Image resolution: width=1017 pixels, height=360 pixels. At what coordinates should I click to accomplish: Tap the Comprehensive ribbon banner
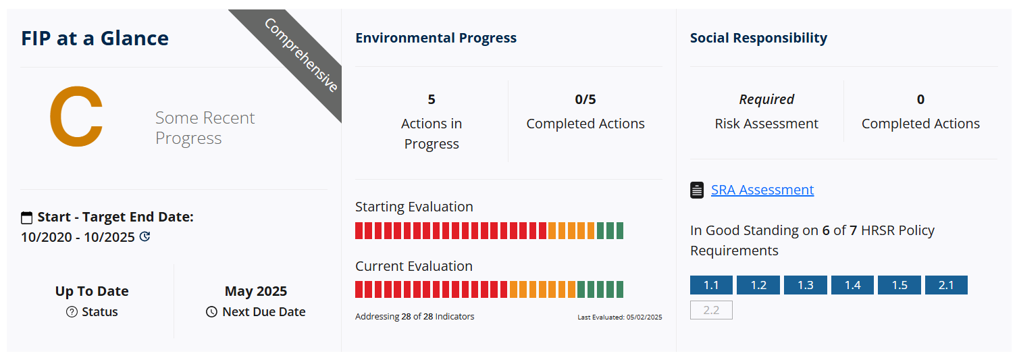click(300, 57)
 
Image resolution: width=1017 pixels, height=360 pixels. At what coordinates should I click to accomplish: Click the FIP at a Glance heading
click(95, 38)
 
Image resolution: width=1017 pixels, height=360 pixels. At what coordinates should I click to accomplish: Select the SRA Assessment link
click(762, 189)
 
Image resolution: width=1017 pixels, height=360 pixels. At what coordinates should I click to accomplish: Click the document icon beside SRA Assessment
click(697, 190)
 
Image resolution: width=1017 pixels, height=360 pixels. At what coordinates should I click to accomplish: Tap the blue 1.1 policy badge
click(711, 285)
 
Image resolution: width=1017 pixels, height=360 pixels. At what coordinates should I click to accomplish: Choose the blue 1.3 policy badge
click(806, 285)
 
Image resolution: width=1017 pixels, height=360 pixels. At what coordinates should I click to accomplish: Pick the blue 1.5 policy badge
click(899, 285)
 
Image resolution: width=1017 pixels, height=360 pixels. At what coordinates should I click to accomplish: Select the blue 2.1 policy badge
click(946, 285)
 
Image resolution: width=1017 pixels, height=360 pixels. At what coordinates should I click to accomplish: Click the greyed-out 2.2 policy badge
click(711, 310)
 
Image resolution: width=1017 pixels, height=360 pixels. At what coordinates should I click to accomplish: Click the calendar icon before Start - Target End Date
click(27, 218)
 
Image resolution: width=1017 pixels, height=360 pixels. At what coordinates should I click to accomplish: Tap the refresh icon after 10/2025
click(145, 236)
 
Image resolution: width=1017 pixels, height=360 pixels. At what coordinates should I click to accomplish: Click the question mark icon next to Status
click(72, 312)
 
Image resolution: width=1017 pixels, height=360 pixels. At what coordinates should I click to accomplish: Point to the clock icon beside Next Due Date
click(211, 312)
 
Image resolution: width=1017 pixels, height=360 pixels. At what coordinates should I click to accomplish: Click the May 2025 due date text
click(256, 291)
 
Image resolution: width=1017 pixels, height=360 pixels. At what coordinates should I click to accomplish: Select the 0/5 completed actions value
click(585, 99)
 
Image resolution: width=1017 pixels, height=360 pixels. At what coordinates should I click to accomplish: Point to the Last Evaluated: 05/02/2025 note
click(620, 317)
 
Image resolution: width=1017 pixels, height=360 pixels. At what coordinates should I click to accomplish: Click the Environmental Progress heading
click(436, 38)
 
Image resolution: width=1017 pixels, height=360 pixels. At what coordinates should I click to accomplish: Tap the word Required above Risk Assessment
click(766, 99)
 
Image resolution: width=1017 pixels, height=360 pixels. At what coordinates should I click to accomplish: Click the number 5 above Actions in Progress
click(432, 99)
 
